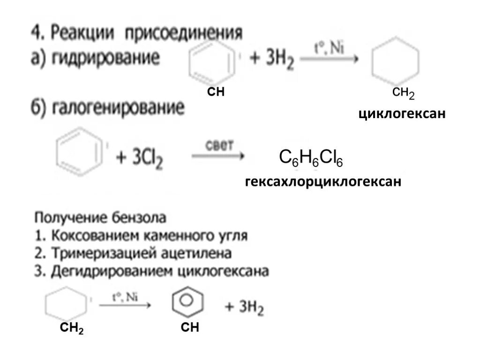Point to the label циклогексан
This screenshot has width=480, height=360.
click(402, 114)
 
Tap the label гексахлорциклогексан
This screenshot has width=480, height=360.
click(323, 181)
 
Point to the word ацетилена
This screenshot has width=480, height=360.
click(203, 254)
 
